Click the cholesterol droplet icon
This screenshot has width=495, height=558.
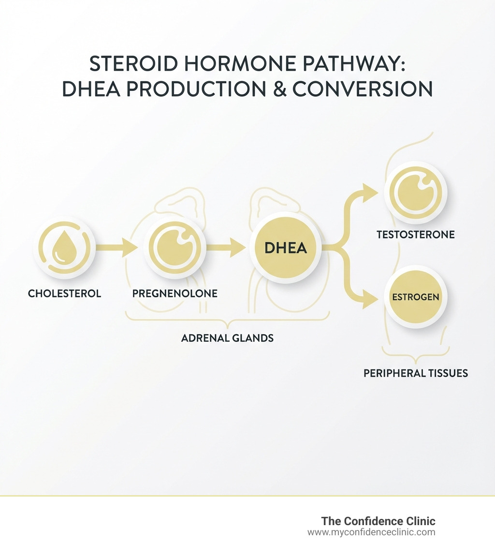coord(64,248)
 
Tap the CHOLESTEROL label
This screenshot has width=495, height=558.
coord(64,294)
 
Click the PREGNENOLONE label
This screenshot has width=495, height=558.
coord(175,294)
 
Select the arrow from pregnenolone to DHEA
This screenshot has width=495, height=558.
coord(225,248)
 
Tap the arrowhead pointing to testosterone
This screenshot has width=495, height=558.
coord(370,193)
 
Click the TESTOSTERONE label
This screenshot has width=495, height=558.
coord(416,235)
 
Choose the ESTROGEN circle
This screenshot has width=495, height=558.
coord(416,297)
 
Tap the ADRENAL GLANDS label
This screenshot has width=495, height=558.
coord(227,338)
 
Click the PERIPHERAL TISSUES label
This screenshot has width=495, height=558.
coord(416,373)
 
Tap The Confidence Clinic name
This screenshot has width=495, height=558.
coord(378,521)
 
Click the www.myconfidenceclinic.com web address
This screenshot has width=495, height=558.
coord(371,532)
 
